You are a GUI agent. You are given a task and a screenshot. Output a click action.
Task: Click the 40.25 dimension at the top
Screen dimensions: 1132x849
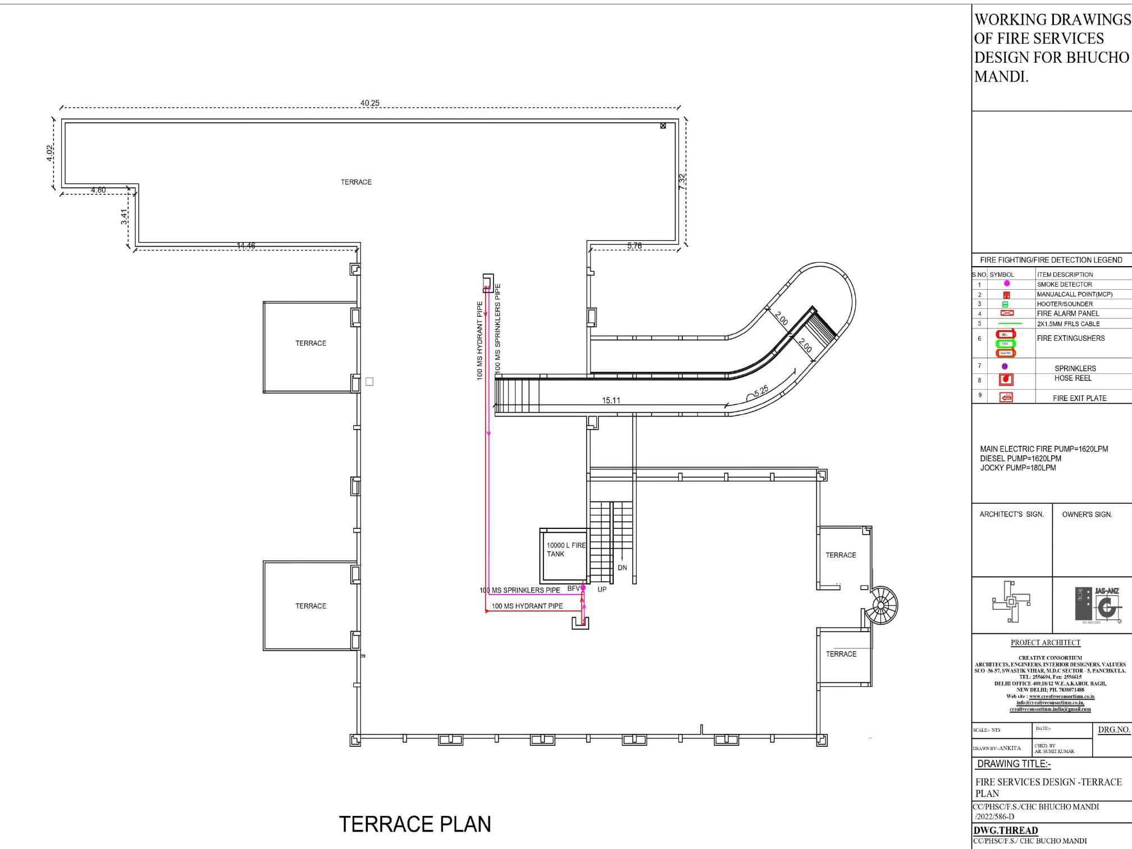coord(369,103)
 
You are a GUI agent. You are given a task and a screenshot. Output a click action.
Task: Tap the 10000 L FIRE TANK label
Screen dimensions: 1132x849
coord(565,550)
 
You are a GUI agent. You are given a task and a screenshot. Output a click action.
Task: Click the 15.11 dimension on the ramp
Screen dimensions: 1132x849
coord(611,400)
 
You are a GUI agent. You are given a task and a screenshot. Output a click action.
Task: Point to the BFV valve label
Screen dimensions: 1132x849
coord(573,588)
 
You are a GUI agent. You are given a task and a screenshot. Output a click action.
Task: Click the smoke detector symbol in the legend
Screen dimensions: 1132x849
coord(1006,284)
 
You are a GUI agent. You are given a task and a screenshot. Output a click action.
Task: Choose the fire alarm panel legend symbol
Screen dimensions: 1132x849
coord(1006,313)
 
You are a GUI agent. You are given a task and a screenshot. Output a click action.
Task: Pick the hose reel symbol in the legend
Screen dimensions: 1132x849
coord(1006,379)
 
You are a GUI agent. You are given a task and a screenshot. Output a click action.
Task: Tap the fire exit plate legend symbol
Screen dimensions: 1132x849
coord(1006,398)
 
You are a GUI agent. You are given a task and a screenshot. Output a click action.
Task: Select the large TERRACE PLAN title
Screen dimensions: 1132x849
coord(415,824)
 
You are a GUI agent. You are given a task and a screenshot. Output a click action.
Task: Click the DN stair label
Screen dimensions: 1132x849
coord(622,568)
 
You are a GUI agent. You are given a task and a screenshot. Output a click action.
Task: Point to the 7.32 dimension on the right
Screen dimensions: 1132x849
coord(682,181)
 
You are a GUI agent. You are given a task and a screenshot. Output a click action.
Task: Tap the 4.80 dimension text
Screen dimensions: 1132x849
coord(98,190)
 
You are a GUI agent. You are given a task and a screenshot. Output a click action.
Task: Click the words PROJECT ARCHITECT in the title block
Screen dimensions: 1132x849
coord(1045,643)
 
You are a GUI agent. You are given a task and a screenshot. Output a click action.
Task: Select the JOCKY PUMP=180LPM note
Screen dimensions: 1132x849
coord(1017,468)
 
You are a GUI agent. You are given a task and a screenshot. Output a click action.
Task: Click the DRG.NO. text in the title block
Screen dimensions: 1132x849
coord(1113,730)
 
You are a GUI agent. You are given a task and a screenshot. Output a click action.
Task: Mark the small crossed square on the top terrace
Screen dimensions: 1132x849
coord(663,126)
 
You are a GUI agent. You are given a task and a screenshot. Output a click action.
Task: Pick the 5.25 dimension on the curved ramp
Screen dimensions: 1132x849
coord(761,391)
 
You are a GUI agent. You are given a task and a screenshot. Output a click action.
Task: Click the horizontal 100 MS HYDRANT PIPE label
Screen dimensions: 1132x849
coord(527,606)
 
